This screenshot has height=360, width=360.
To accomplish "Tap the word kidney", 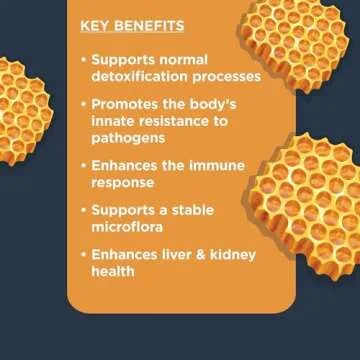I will pyautogui.click(x=227, y=255).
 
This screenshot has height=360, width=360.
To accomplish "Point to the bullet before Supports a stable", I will pyautogui.click(x=82, y=209).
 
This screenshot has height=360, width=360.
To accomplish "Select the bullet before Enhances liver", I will pyautogui.click(x=82, y=255).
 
